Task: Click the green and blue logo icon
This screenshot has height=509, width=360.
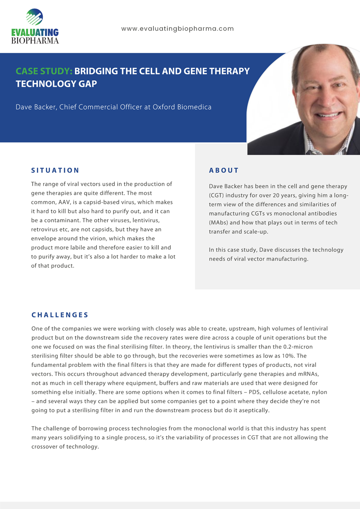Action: [35, 17]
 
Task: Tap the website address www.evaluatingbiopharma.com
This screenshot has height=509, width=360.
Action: [177, 29]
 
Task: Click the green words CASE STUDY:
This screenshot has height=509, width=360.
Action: [44, 71]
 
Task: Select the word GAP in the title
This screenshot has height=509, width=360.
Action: [86, 84]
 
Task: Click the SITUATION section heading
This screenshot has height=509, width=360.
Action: [55, 171]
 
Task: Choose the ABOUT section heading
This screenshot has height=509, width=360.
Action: [224, 171]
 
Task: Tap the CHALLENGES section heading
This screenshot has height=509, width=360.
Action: [60, 315]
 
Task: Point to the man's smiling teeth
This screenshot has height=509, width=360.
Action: [327, 115]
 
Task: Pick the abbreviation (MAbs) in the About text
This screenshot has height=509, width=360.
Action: [219, 223]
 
